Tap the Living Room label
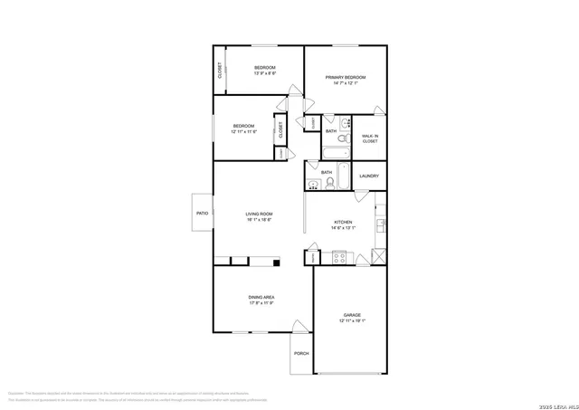[x=260, y=214]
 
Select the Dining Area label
[x=261, y=297]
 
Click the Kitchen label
[x=343, y=222]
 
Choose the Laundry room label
[x=368, y=176]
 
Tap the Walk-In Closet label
[x=370, y=138]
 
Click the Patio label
[x=203, y=213]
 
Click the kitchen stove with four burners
[x=340, y=258]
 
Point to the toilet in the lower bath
[x=331, y=183]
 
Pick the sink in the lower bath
[x=313, y=184]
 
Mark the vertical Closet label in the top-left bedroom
[x=219, y=70]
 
